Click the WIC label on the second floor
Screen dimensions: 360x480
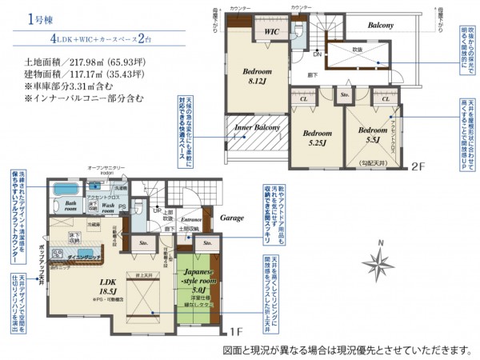pyautogui.click(x=272, y=32)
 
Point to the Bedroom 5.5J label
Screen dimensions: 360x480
pyautogui.click(x=372, y=134)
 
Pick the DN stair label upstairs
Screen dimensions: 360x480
pyautogui.click(x=318, y=54)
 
